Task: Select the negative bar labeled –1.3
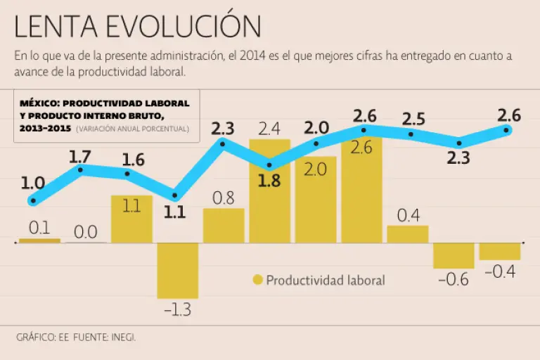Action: pos(178,270)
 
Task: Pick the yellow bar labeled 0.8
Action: pos(224,226)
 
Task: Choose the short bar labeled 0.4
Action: pos(408,234)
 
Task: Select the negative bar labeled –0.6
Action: pos(454,255)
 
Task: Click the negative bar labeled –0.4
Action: pos(500,251)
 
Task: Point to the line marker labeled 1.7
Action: pos(82,169)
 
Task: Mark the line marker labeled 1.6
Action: pos(127,174)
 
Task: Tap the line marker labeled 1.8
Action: pos(269,166)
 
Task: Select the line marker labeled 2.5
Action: pos(411,134)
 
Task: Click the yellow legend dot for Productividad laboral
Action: pos(257,280)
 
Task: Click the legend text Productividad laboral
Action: pos(326,280)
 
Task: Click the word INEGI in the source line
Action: pos(123,337)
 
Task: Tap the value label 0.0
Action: pos(86,232)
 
